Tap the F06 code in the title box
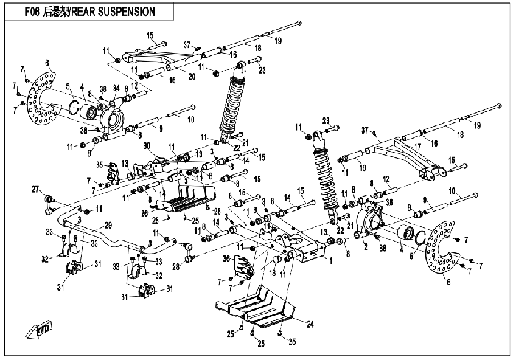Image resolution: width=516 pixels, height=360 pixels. click(32, 13)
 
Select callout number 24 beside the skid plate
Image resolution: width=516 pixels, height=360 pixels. click(310, 324)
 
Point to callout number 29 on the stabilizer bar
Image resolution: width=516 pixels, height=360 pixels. click(108, 225)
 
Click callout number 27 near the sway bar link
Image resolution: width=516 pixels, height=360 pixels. click(36, 190)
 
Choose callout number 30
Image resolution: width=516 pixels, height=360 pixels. click(147, 146)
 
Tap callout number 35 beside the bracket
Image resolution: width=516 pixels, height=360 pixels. click(100, 165)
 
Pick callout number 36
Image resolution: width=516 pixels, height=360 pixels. click(227, 259)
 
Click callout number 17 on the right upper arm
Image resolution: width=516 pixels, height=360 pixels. click(418, 146)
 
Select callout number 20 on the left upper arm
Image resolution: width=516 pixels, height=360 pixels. click(192, 77)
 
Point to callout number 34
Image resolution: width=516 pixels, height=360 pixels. click(116, 88)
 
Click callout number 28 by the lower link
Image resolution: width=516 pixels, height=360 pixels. click(176, 266)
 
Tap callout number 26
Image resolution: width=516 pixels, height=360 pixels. click(144, 214)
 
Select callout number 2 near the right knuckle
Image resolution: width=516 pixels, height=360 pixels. click(365, 247)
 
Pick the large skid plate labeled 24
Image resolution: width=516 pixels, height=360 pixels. click(255, 307)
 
